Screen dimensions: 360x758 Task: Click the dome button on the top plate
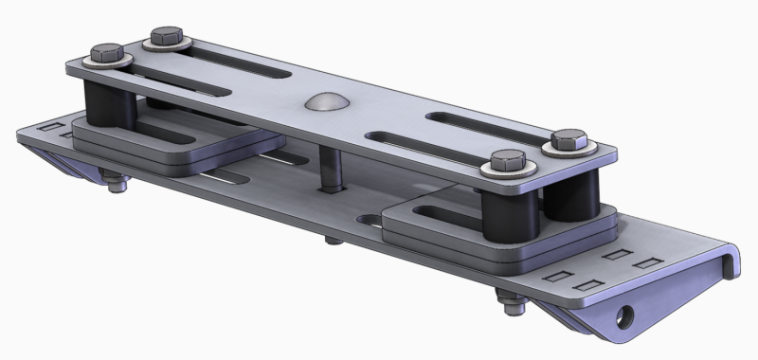[322, 104]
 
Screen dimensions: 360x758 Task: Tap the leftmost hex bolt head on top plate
[106, 53]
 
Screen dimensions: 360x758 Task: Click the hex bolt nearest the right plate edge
[570, 141]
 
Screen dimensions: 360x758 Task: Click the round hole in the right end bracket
[624, 312]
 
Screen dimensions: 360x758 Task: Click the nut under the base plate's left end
[116, 185]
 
